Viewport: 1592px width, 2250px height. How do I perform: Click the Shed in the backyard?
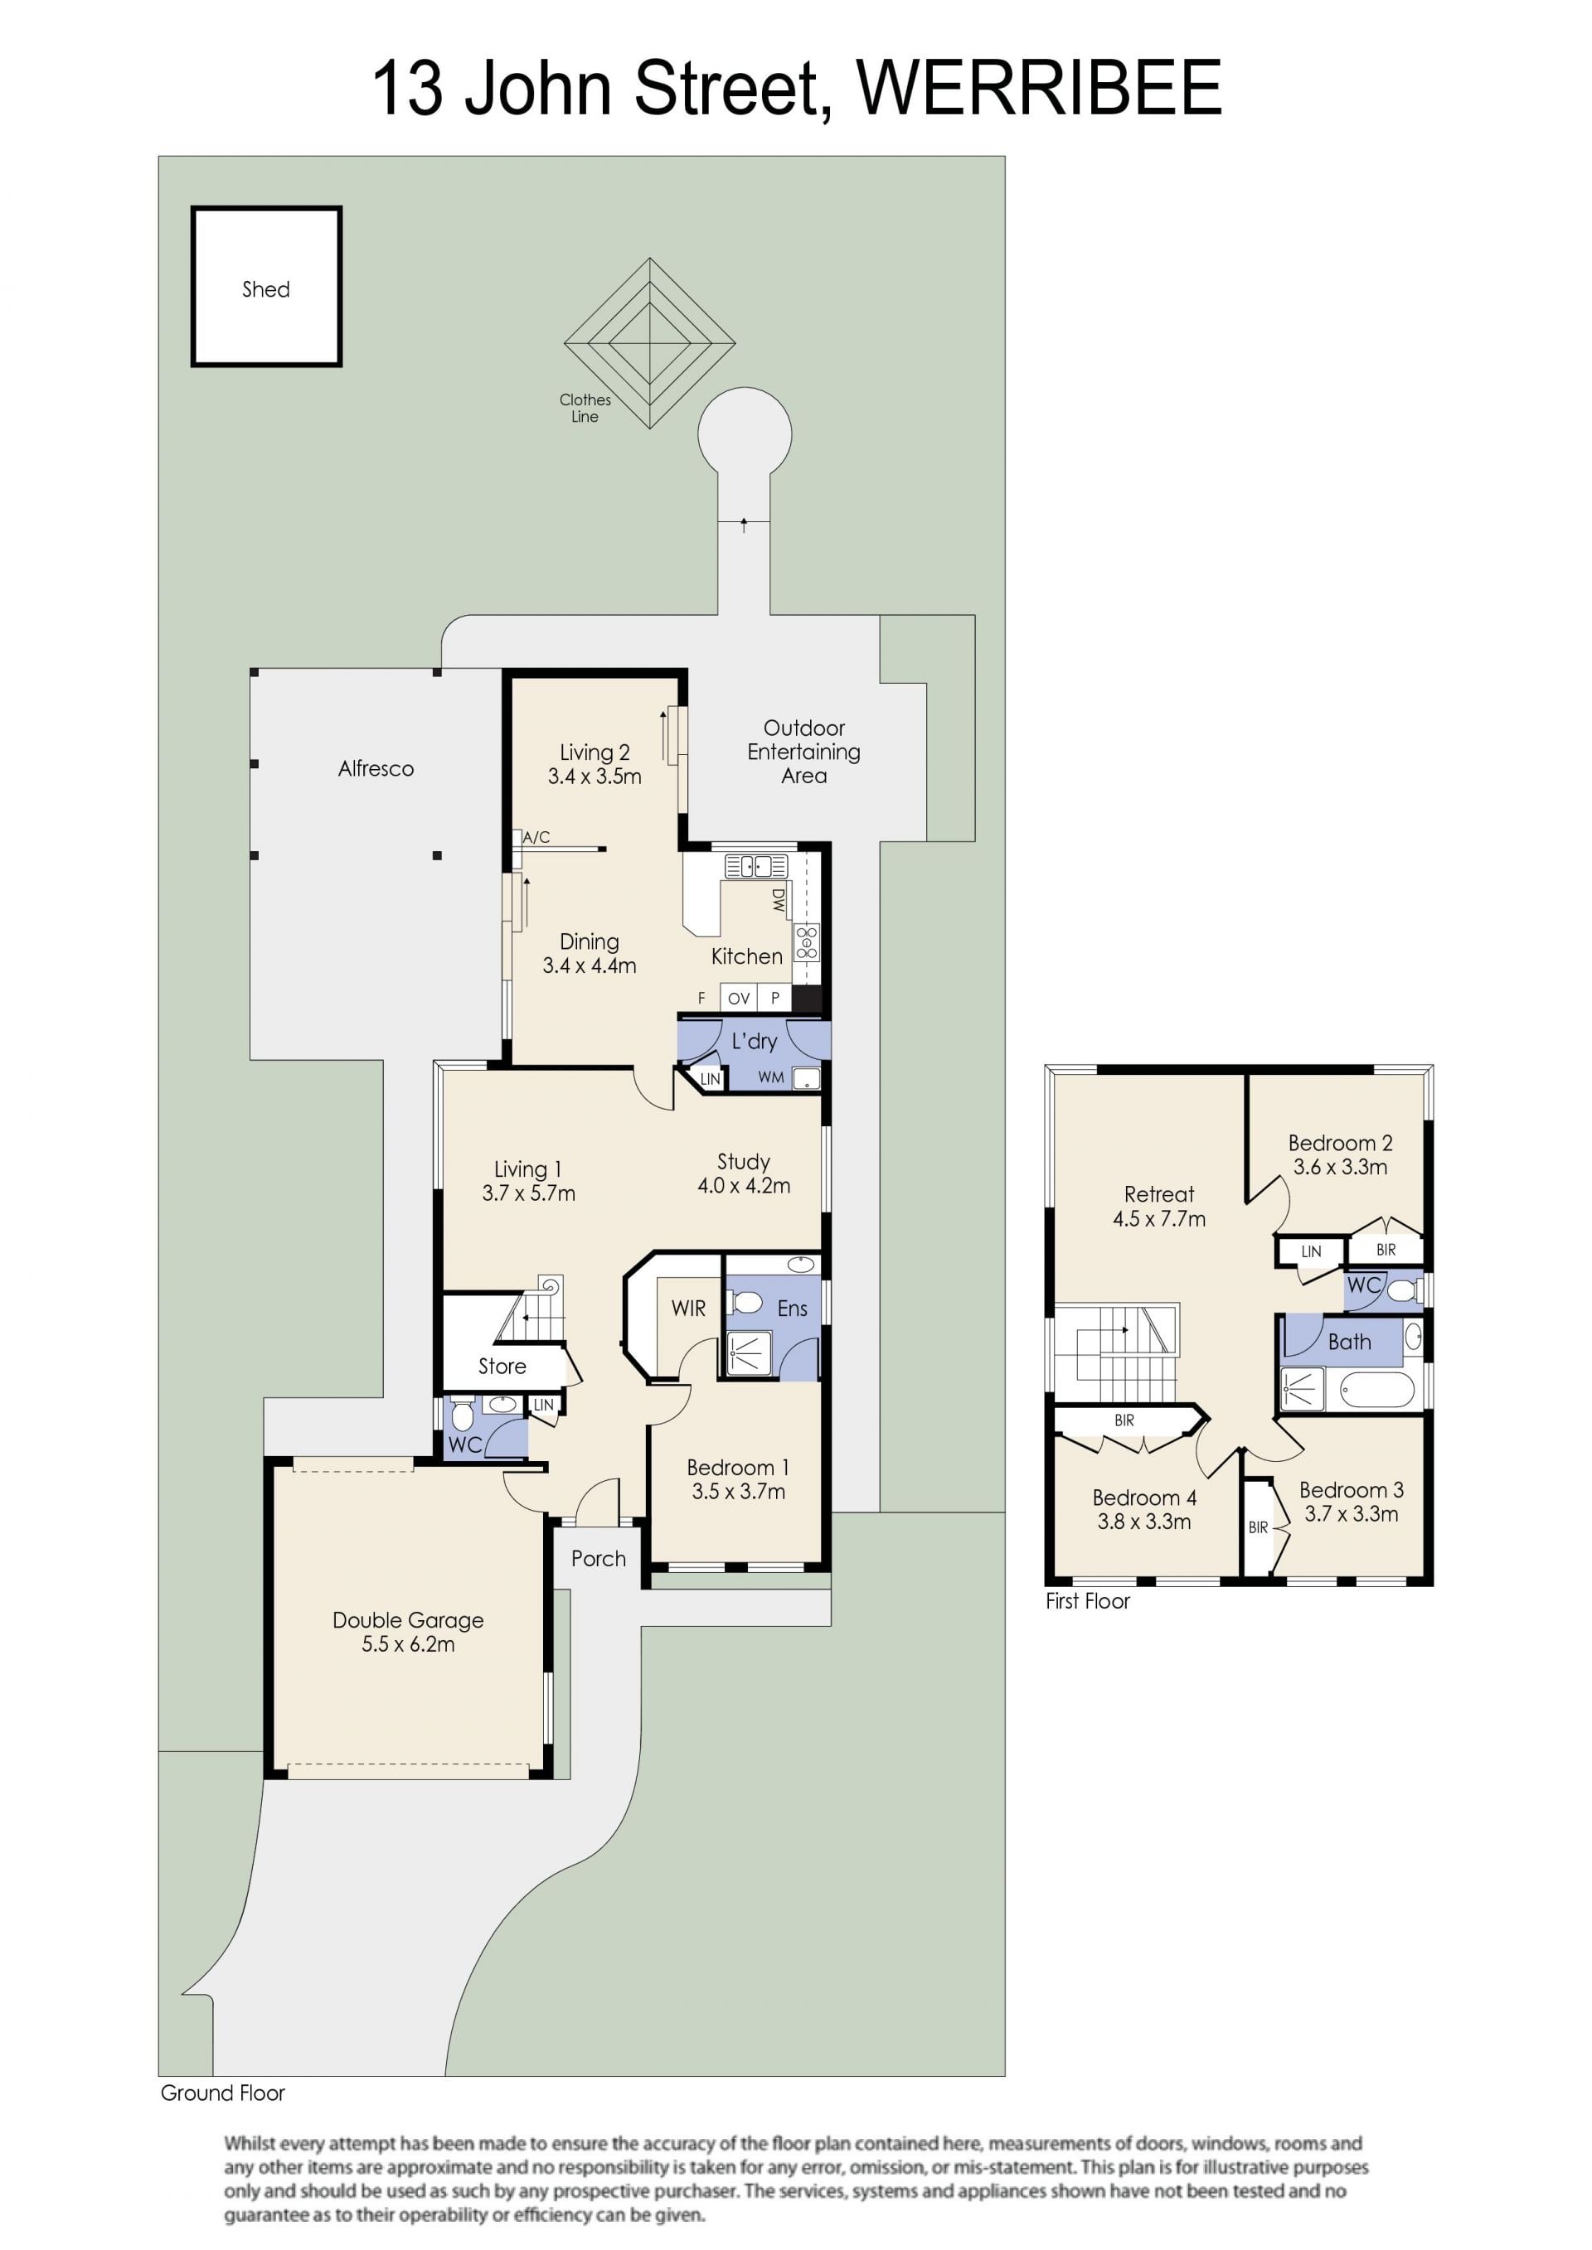click(x=265, y=286)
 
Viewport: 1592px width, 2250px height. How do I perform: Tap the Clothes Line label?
click(x=585, y=408)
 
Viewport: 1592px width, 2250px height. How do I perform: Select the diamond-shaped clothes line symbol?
click(x=649, y=343)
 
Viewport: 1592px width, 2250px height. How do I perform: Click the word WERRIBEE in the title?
click(x=1039, y=88)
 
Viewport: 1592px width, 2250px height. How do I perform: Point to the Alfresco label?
click(x=376, y=769)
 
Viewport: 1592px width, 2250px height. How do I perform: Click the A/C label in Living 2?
click(x=536, y=837)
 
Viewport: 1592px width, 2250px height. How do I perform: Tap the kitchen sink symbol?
click(x=756, y=866)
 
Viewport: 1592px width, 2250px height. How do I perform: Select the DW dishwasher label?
click(x=779, y=900)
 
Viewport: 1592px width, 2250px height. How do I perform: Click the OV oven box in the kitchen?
click(x=739, y=998)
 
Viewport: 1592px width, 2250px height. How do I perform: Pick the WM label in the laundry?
click(x=770, y=1077)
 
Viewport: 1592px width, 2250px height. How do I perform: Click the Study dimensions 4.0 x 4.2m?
click(x=744, y=1186)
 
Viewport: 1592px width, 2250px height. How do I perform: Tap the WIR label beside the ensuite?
click(x=688, y=1309)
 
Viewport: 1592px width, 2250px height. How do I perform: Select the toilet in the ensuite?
click(x=746, y=1303)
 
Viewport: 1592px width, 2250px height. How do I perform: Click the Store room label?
click(x=502, y=1366)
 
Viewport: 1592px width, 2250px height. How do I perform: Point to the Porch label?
click(x=598, y=1558)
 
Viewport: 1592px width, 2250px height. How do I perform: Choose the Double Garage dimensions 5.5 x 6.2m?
click(x=408, y=1644)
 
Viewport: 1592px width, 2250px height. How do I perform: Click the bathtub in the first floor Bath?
click(x=1376, y=1391)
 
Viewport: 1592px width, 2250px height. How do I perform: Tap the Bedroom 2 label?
click(x=1340, y=1143)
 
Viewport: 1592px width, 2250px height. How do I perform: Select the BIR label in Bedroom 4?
click(x=1124, y=1420)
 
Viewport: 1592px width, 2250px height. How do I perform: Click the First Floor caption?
click(x=1087, y=1601)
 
